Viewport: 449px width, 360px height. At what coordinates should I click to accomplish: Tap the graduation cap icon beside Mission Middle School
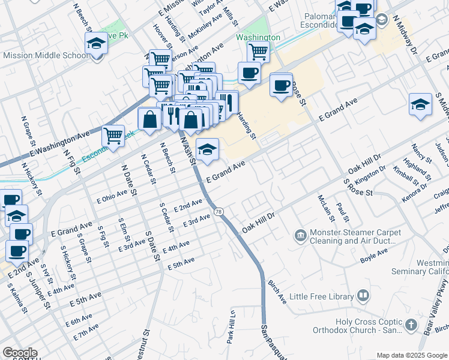click(95, 43)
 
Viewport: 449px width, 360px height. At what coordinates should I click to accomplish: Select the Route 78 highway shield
click(218, 211)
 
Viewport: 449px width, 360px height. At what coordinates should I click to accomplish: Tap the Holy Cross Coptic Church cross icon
click(411, 325)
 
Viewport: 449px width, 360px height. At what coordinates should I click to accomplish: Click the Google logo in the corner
click(19, 353)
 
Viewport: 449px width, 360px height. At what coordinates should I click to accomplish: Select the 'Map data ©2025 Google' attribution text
click(412, 355)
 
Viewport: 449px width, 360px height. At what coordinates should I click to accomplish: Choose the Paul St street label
click(342, 211)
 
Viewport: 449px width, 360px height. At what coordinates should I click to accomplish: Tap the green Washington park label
click(258, 37)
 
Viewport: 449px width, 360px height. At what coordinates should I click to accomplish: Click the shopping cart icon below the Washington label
click(258, 52)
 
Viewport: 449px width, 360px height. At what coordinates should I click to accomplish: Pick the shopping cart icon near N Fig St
click(113, 136)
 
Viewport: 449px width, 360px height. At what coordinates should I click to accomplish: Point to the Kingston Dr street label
click(370, 173)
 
